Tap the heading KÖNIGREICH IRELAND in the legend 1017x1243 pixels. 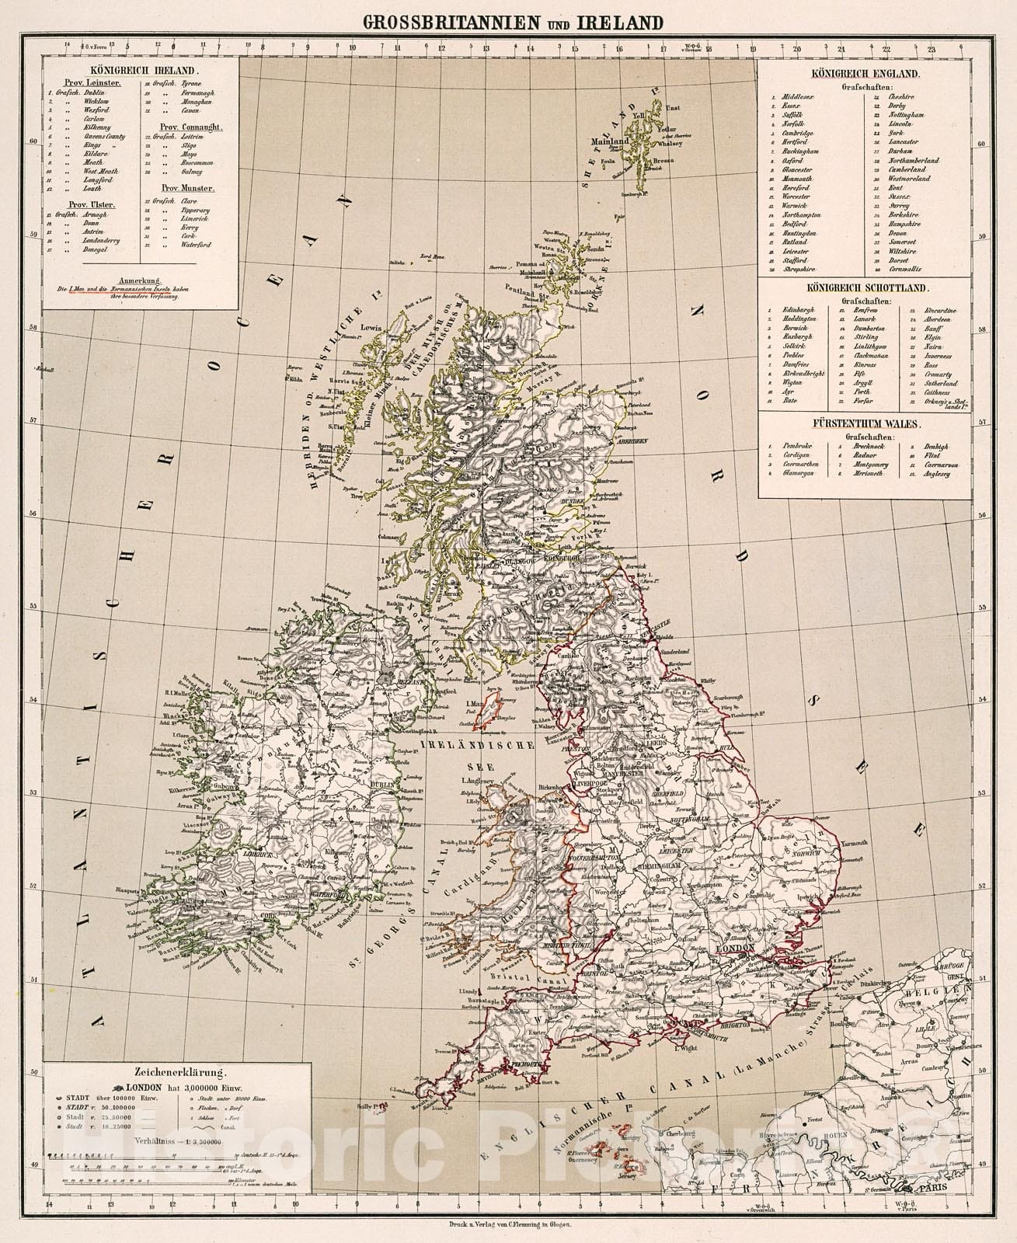pyautogui.click(x=140, y=69)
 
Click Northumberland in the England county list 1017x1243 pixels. pyautogui.click(x=914, y=161)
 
